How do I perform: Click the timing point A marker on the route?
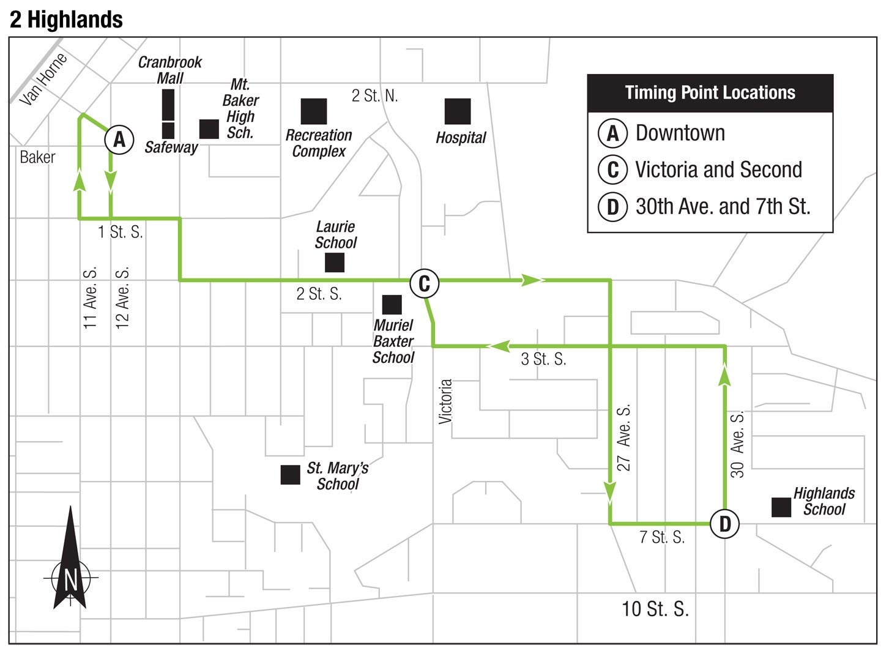pyautogui.click(x=119, y=140)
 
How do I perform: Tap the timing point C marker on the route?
pyautogui.click(x=424, y=283)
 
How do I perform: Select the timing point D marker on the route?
pyautogui.click(x=725, y=524)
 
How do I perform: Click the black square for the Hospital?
pyautogui.click(x=458, y=111)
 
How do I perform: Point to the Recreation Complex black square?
pyautogui.click(x=314, y=111)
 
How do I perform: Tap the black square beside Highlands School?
pyautogui.click(x=781, y=507)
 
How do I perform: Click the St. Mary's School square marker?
pyautogui.click(x=290, y=475)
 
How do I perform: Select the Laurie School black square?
pyautogui.click(x=335, y=263)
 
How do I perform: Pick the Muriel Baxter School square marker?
pyautogui.click(x=392, y=305)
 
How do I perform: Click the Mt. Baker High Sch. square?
pyautogui.click(x=209, y=129)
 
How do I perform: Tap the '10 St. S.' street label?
pyautogui.click(x=655, y=609)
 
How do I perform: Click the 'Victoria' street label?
pyautogui.click(x=445, y=401)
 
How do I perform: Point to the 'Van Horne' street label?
pyautogui.click(x=43, y=79)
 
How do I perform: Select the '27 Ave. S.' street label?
pyautogui.click(x=623, y=438)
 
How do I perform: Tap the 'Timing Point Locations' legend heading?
pyautogui.click(x=710, y=93)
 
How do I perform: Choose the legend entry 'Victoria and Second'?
pyautogui.click(x=718, y=169)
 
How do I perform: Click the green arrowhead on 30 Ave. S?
pyautogui.click(x=725, y=374)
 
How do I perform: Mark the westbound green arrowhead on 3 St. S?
pyautogui.click(x=499, y=346)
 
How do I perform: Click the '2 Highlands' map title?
pyautogui.click(x=66, y=20)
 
